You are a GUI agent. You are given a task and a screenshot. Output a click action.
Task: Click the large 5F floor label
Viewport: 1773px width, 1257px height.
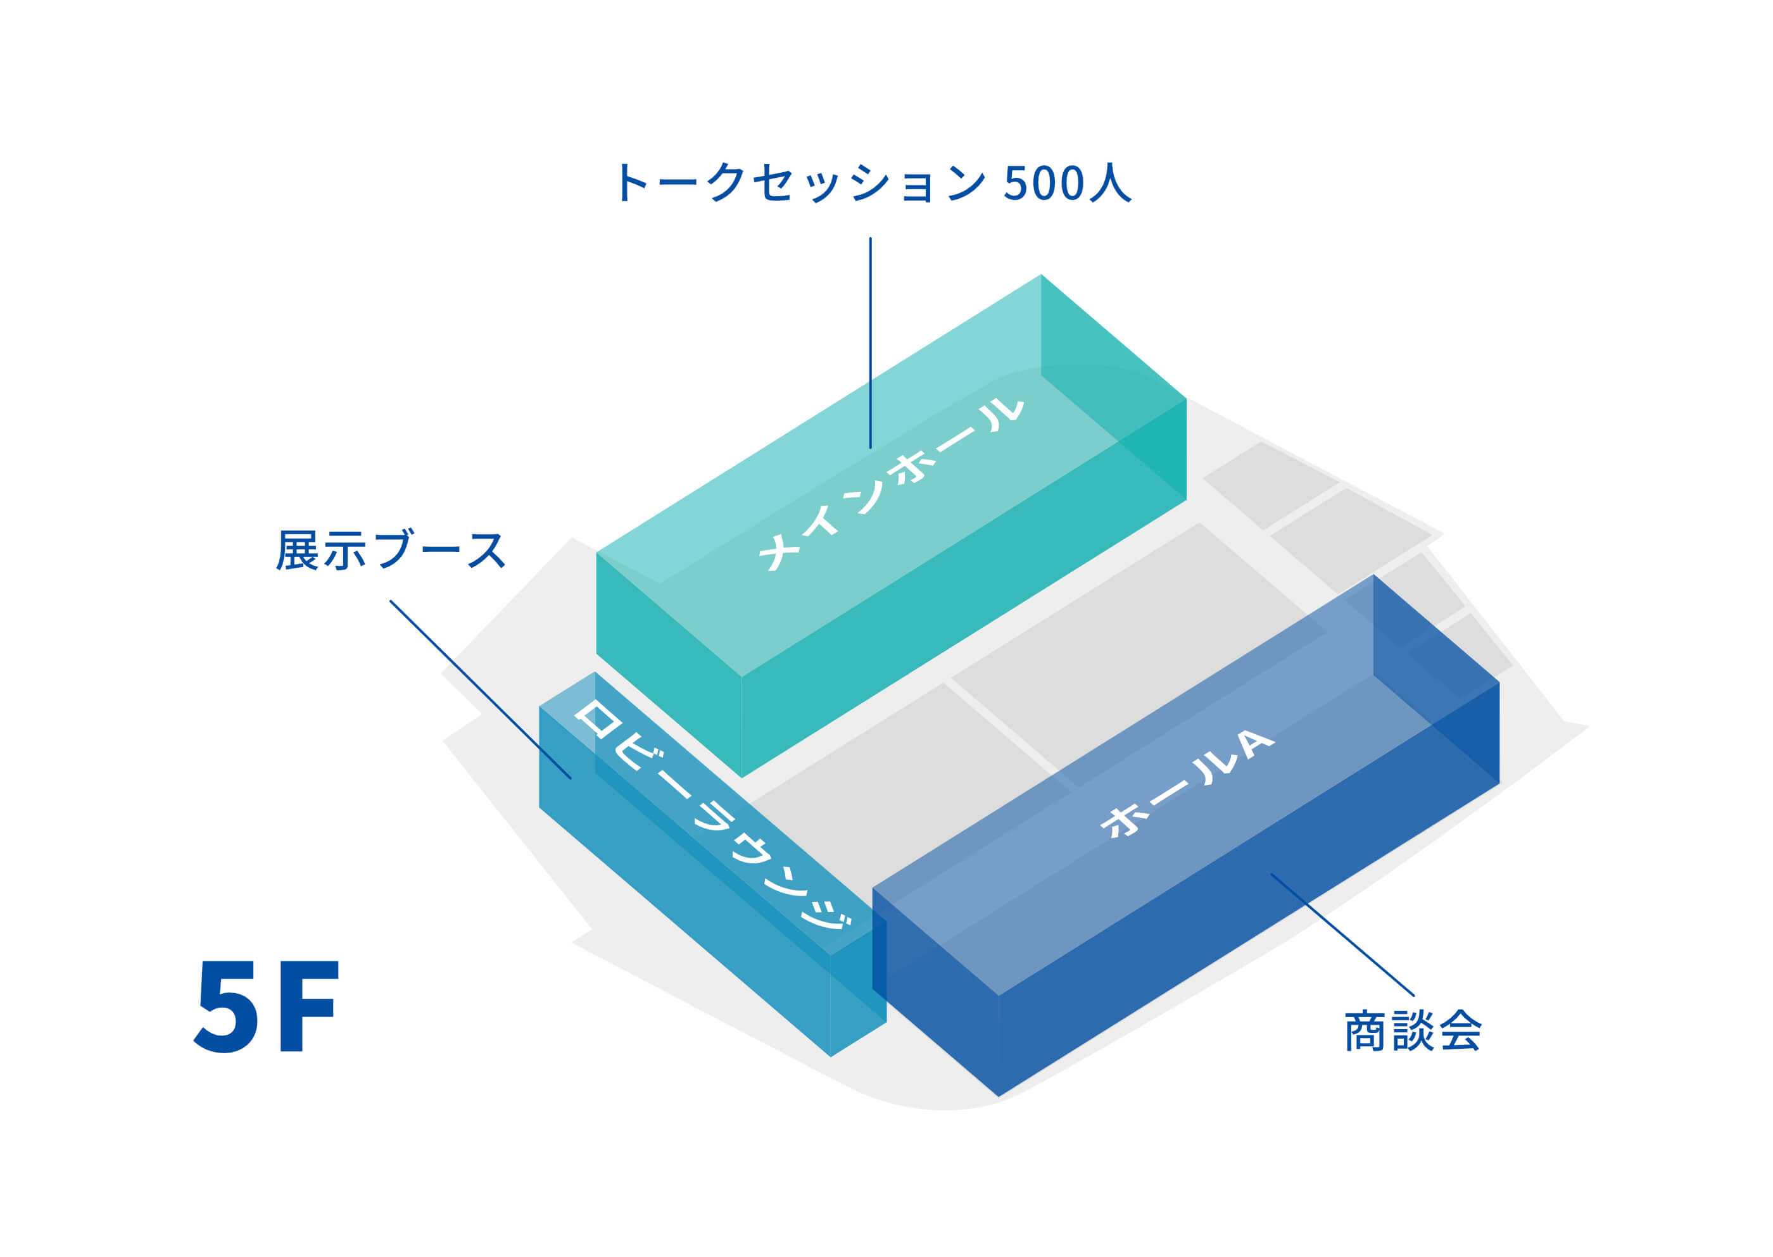[267, 1007]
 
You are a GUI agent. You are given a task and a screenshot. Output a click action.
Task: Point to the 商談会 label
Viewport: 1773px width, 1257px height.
[1413, 1031]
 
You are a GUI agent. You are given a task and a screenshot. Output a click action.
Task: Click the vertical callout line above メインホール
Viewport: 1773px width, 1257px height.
[870, 341]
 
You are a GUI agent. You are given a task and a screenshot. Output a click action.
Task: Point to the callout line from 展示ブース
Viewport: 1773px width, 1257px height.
[480, 689]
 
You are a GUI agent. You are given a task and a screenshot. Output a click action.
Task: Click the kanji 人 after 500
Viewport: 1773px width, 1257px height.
[1109, 184]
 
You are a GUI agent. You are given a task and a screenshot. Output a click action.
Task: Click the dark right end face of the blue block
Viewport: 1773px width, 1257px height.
[1436, 681]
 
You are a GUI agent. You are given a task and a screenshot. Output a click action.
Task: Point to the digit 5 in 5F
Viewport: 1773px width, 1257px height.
[227, 1007]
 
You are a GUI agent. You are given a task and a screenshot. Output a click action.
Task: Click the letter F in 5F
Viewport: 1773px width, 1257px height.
[309, 1007]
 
